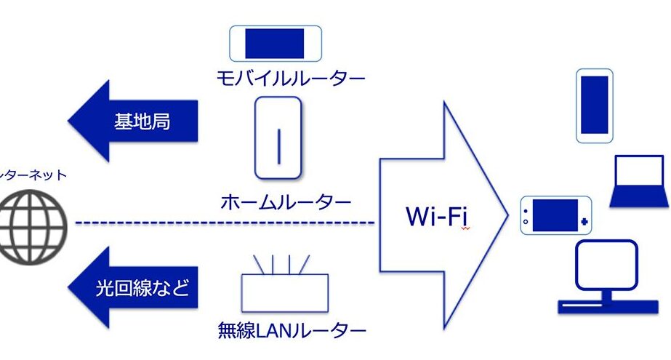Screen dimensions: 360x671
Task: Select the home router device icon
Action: [278, 137]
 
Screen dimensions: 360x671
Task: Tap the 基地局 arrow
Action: [134, 121]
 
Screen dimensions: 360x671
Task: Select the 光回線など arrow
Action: [134, 288]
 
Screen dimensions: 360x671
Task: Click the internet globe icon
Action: [33, 223]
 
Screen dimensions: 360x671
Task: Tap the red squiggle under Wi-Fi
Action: [465, 228]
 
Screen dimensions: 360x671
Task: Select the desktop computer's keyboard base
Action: [608, 306]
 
